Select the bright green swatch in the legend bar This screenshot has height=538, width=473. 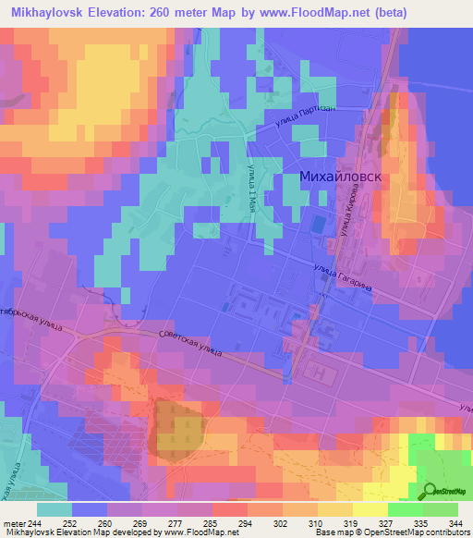point(405,509)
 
